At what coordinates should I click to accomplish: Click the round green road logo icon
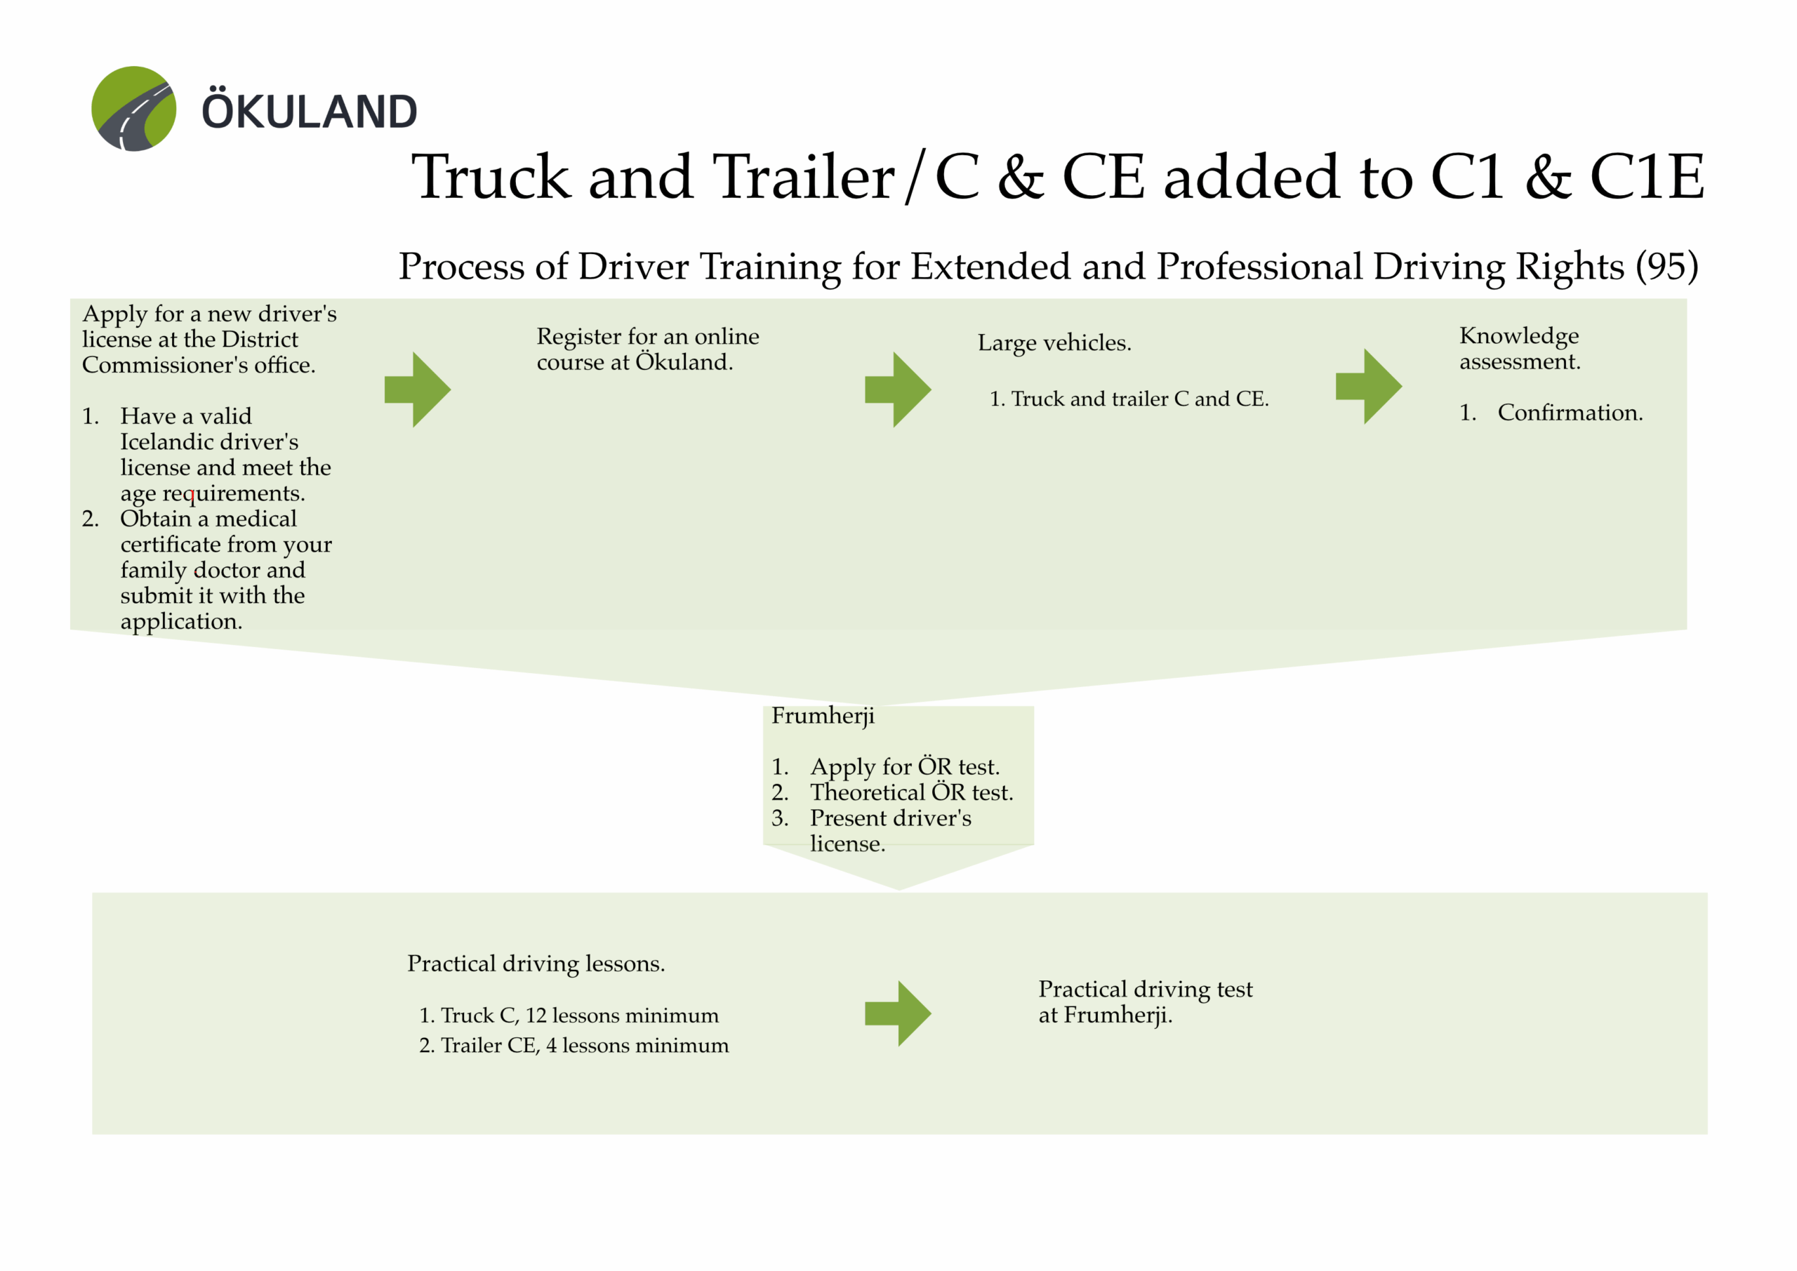[x=134, y=109]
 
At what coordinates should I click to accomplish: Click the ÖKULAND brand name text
[x=310, y=111]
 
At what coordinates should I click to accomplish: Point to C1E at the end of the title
[x=1647, y=178]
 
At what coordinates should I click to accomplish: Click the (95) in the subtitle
[x=1666, y=266]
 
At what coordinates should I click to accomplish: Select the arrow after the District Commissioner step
[x=418, y=389]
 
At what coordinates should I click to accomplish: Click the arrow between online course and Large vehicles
[x=898, y=389]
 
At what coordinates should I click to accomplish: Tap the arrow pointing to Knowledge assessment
[x=1368, y=387]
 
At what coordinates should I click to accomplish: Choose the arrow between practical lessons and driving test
[x=898, y=1013]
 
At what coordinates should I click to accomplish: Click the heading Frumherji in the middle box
[x=823, y=715]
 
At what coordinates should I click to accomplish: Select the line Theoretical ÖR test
[x=911, y=792]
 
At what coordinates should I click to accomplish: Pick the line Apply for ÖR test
[x=905, y=766]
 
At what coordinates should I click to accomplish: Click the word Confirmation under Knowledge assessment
[x=1570, y=413]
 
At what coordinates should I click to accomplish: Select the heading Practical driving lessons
[x=536, y=964]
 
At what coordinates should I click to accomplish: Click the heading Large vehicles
[x=1054, y=342]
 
